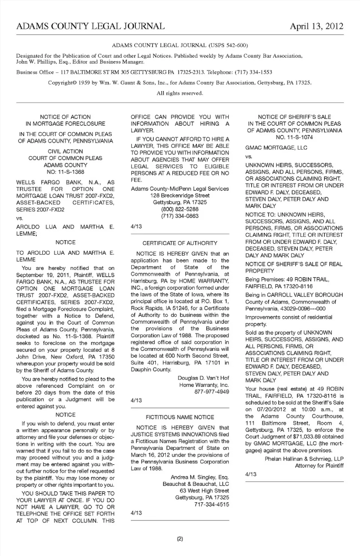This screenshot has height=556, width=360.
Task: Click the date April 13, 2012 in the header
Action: pos(316,26)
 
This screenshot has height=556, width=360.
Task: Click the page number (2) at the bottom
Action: pos(180,539)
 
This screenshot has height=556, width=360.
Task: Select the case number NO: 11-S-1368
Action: pos(65,172)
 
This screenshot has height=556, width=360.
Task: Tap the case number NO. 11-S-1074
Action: pos(294,137)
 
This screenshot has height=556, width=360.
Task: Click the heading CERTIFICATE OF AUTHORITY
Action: pos(180,243)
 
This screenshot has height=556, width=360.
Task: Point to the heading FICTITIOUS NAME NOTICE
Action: pos(180,417)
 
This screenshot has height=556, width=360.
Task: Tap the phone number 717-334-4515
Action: pos(211,504)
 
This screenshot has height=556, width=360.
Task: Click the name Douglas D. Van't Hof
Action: pos(203,378)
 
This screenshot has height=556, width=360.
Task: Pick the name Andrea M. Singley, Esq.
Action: pos(199,477)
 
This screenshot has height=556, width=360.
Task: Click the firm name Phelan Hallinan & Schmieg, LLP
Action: pos(304,459)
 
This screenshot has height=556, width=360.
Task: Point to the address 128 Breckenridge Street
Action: pos(180,195)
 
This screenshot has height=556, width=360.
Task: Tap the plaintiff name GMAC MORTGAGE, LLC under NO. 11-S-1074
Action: pos(276,148)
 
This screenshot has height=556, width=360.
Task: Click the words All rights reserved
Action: pos(180,93)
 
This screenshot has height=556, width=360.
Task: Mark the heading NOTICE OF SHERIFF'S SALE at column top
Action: pos(294,117)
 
